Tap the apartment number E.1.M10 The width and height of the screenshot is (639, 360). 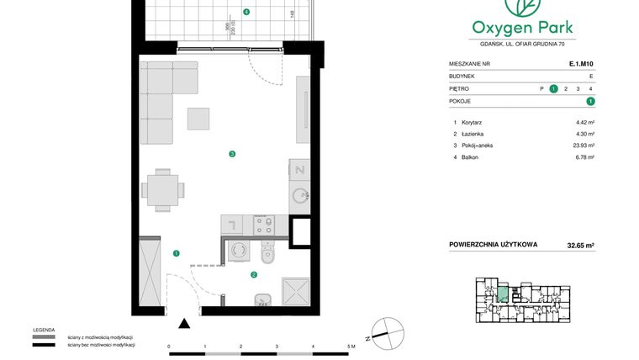coord(581,62)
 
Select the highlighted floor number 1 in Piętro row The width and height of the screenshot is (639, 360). coord(553,88)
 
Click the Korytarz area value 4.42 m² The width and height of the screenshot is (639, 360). coord(584,123)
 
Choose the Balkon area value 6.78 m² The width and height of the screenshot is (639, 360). coord(584,157)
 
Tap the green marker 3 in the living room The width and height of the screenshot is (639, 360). coord(231,153)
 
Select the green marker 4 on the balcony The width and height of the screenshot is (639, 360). coord(246,13)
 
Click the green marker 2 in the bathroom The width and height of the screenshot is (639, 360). coord(253,274)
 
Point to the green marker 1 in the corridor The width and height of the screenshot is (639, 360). coord(176,252)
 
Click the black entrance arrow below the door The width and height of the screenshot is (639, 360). coord(185,323)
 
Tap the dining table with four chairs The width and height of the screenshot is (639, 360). coord(160,189)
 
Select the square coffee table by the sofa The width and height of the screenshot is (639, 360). coord(198,119)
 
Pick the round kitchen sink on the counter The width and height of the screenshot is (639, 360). coord(299,196)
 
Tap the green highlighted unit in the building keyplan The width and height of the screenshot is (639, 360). coord(502,294)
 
